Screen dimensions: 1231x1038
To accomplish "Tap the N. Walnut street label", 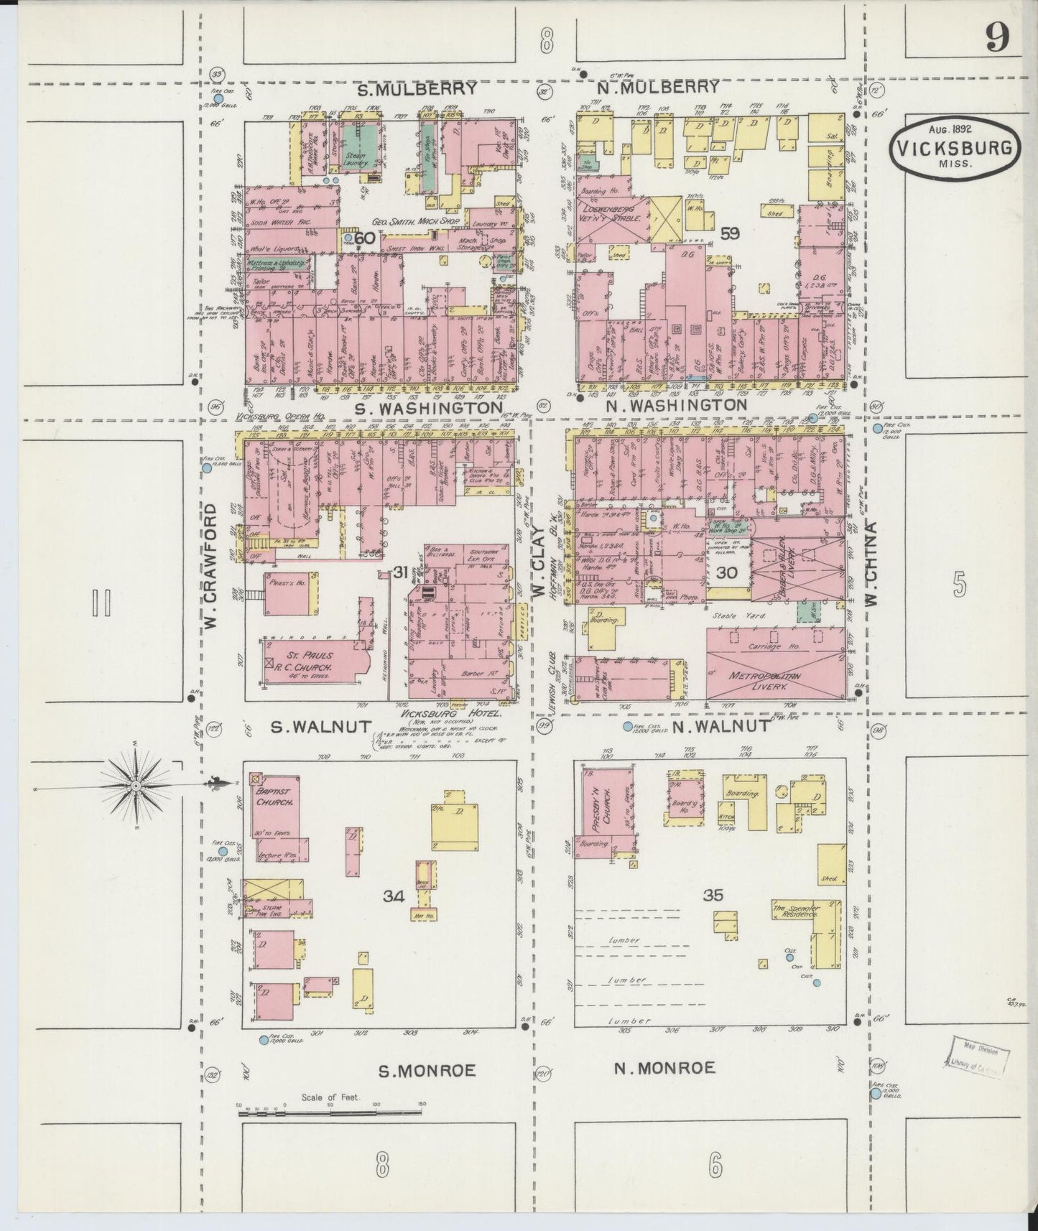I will [713, 726].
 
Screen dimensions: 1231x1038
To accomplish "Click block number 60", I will [364, 239].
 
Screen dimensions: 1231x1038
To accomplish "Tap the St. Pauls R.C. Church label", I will [311, 659].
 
